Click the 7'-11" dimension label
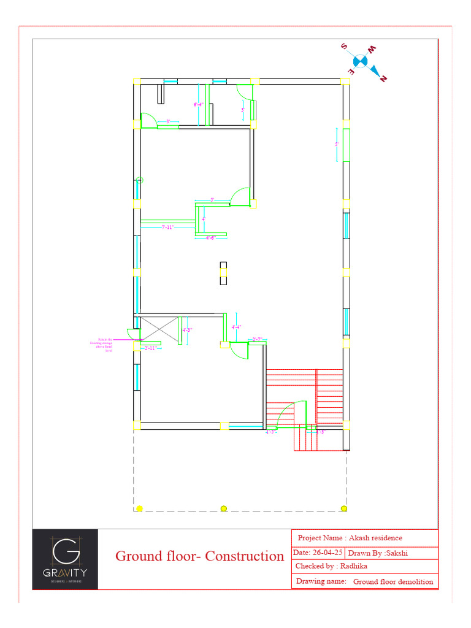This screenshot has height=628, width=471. point(167,227)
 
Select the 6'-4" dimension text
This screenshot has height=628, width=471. point(199,105)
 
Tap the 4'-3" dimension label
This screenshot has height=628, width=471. point(188,330)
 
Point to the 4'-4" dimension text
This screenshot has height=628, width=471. point(236,327)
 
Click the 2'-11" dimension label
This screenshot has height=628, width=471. point(150,348)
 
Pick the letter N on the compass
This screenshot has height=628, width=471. point(384,78)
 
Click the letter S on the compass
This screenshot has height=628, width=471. point(345,47)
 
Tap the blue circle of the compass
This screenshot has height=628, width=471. point(360,61)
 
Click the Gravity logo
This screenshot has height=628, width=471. point(65,559)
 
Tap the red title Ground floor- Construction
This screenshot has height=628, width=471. point(199,556)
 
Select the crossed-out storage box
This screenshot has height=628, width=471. point(159,329)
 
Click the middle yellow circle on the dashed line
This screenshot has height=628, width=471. point(224,508)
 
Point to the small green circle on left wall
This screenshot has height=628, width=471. point(140,180)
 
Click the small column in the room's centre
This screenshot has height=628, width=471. point(223,273)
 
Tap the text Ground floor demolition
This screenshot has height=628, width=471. point(393,581)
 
